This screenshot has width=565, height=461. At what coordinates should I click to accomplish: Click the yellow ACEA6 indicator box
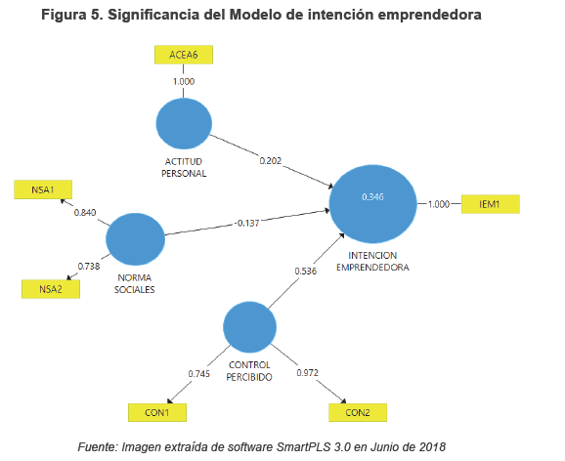[x=184, y=55]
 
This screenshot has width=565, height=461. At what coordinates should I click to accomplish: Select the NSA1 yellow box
[x=43, y=189]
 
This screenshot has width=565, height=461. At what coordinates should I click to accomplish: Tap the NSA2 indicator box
[x=51, y=289]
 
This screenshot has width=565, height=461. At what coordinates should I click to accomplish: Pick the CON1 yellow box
[x=157, y=412]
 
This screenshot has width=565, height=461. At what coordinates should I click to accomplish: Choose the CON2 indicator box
[x=358, y=412]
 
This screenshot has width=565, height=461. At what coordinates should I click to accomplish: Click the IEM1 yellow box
[x=491, y=204]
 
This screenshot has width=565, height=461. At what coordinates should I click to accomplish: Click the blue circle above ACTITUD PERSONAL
[x=184, y=123]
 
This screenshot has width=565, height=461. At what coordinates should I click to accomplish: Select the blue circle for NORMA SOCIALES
[x=136, y=239]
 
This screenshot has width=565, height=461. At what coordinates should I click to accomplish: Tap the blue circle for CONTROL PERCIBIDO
[x=249, y=327]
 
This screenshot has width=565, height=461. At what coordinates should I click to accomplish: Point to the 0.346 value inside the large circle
[x=373, y=196]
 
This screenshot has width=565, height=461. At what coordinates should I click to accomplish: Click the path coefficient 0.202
[x=270, y=160]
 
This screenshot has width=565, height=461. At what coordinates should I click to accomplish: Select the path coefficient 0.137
[x=248, y=224]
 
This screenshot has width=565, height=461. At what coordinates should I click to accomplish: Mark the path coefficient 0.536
[x=306, y=271]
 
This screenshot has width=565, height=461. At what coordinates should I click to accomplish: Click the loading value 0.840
[x=85, y=213]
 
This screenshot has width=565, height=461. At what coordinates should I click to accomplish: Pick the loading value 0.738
[x=89, y=267]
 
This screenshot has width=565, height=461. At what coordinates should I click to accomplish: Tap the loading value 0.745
[x=198, y=374]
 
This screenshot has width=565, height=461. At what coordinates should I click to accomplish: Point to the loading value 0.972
[x=307, y=372]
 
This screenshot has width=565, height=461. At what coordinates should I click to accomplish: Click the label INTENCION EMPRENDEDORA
[x=372, y=262]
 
